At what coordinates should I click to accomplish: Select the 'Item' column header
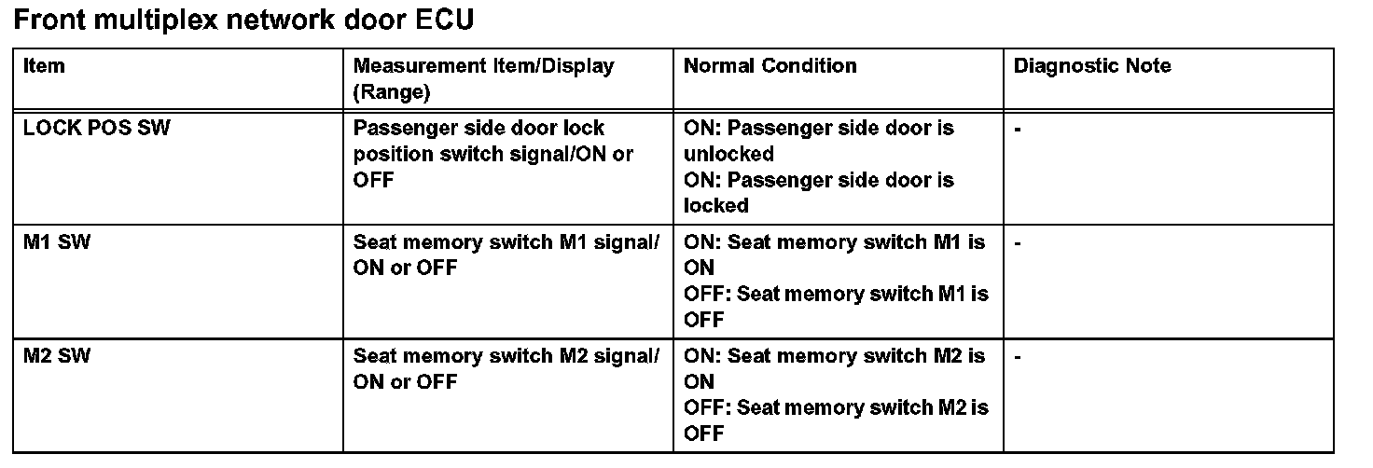click(x=44, y=66)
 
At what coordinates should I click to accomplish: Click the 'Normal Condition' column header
click(x=770, y=66)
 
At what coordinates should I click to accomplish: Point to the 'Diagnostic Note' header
click(x=1092, y=66)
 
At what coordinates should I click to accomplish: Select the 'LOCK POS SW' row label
click(x=97, y=128)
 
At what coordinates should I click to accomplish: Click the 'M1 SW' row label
click(x=57, y=242)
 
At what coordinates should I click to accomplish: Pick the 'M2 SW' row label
click(x=57, y=356)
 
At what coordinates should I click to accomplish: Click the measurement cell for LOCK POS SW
click(x=492, y=154)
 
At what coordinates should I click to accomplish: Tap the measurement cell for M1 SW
click(x=506, y=255)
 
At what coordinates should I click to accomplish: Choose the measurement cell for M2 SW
click(x=506, y=369)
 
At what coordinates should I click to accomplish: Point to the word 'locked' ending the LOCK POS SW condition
click(x=716, y=205)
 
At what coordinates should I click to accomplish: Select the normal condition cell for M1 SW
click(x=836, y=281)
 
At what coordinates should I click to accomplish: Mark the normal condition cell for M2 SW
click(x=836, y=394)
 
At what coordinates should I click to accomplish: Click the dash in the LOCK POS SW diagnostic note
click(x=1018, y=129)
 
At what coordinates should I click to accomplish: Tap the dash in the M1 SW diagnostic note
click(x=1018, y=243)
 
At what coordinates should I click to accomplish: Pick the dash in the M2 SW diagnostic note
click(x=1018, y=357)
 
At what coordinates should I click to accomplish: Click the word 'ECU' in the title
click(x=442, y=20)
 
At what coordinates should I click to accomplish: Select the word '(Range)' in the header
click(x=391, y=92)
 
